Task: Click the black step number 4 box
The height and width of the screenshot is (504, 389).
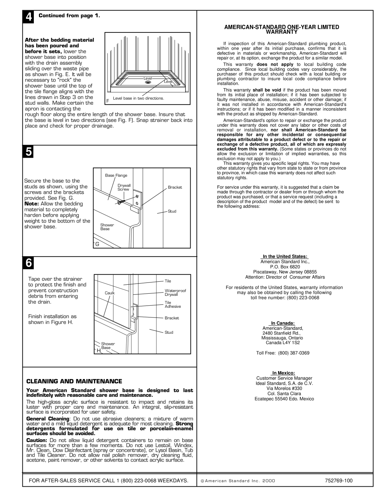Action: pos(28,17)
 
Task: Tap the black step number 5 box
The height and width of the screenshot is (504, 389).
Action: pos(28,152)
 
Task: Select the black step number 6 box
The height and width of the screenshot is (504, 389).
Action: pos(28,263)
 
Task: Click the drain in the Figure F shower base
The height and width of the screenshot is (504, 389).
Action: pos(148,82)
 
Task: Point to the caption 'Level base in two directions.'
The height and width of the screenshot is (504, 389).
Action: pos(138,98)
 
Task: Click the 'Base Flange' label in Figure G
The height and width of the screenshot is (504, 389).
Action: pos(116,175)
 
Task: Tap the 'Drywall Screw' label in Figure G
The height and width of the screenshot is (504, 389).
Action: pos(124,187)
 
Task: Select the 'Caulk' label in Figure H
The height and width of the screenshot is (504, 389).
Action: pos(110,293)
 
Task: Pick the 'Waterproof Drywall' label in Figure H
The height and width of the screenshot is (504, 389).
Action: pos(175,293)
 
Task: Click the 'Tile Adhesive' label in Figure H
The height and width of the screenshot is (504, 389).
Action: pos(173,304)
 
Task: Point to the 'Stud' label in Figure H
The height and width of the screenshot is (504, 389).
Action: pos(169,332)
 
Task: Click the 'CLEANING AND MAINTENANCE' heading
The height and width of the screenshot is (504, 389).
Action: pos(74,381)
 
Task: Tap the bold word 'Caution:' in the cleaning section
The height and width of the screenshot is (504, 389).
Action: pos(37,440)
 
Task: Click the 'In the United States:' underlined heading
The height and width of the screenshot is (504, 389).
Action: pos(285,256)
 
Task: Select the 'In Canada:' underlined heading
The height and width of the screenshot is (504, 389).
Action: pos(283,323)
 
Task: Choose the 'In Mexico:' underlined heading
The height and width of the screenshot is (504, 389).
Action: pos(283,373)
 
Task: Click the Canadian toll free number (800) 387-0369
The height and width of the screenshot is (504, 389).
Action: pos(294,353)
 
